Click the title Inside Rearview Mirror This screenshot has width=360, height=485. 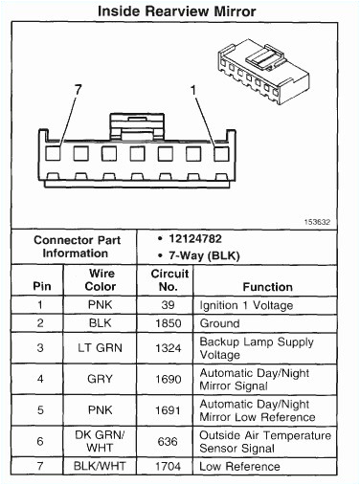point(179,11)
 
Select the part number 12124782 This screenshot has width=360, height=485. point(194,236)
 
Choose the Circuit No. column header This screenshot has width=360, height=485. point(169,279)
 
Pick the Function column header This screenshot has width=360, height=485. point(267,287)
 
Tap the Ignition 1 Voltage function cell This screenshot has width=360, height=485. point(246,305)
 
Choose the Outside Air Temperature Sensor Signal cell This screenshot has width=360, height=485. point(263,441)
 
